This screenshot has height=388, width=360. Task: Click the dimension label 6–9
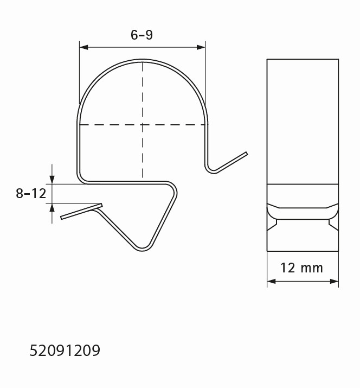pyautogui.click(x=142, y=35)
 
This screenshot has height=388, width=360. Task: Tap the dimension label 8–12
pyautogui.click(x=31, y=194)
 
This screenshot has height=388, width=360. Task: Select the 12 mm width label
pyautogui.click(x=301, y=268)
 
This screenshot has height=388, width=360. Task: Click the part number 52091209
pyautogui.click(x=65, y=351)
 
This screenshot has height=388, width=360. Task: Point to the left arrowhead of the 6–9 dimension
pyautogui.click(x=83, y=47)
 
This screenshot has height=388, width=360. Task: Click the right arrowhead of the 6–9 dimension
pyautogui.click(x=201, y=47)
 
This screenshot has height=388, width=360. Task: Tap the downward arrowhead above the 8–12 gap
pyautogui.click(x=52, y=180)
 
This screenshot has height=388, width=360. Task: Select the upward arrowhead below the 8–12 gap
pyautogui.click(x=52, y=208)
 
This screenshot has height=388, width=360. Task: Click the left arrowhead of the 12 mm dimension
pyautogui.click(x=271, y=281)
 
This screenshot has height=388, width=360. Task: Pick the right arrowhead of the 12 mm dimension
pyautogui.click(x=335, y=281)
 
